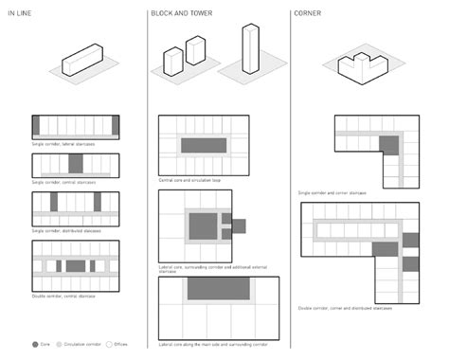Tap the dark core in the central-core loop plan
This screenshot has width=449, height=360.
point(203,145)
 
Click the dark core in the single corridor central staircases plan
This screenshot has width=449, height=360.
point(76,162)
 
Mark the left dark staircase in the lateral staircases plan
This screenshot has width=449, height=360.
point(36,124)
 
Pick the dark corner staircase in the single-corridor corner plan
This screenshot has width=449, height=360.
point(388,143)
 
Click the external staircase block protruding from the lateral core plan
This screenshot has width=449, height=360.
point(239,225)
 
